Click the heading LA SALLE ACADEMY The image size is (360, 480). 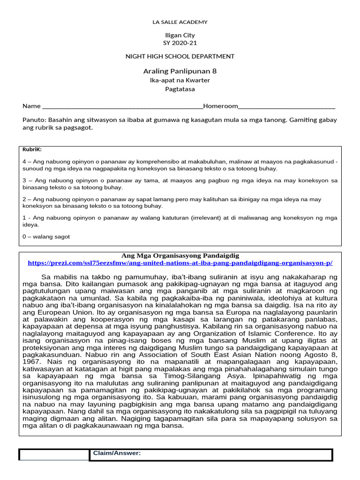[180, 22]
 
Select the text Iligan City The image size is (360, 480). [180, 35]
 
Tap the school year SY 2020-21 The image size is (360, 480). [180, 43]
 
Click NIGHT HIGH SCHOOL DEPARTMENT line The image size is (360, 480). [180, 56]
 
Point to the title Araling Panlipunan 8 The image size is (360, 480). [180, 71]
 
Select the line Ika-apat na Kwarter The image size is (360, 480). [180, 80]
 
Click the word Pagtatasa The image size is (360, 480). [180, 89]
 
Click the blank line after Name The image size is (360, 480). [122, 106]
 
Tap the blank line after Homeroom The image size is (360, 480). [287, 106]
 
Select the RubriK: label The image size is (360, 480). [32, 150]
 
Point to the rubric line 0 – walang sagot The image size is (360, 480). [46, 237]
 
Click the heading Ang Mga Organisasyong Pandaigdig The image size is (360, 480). [180, 255]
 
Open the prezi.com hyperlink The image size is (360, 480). [183, 263]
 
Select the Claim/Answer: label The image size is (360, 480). [117, 453]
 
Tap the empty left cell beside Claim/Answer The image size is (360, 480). [54, 455]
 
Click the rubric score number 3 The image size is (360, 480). [24, 180]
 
